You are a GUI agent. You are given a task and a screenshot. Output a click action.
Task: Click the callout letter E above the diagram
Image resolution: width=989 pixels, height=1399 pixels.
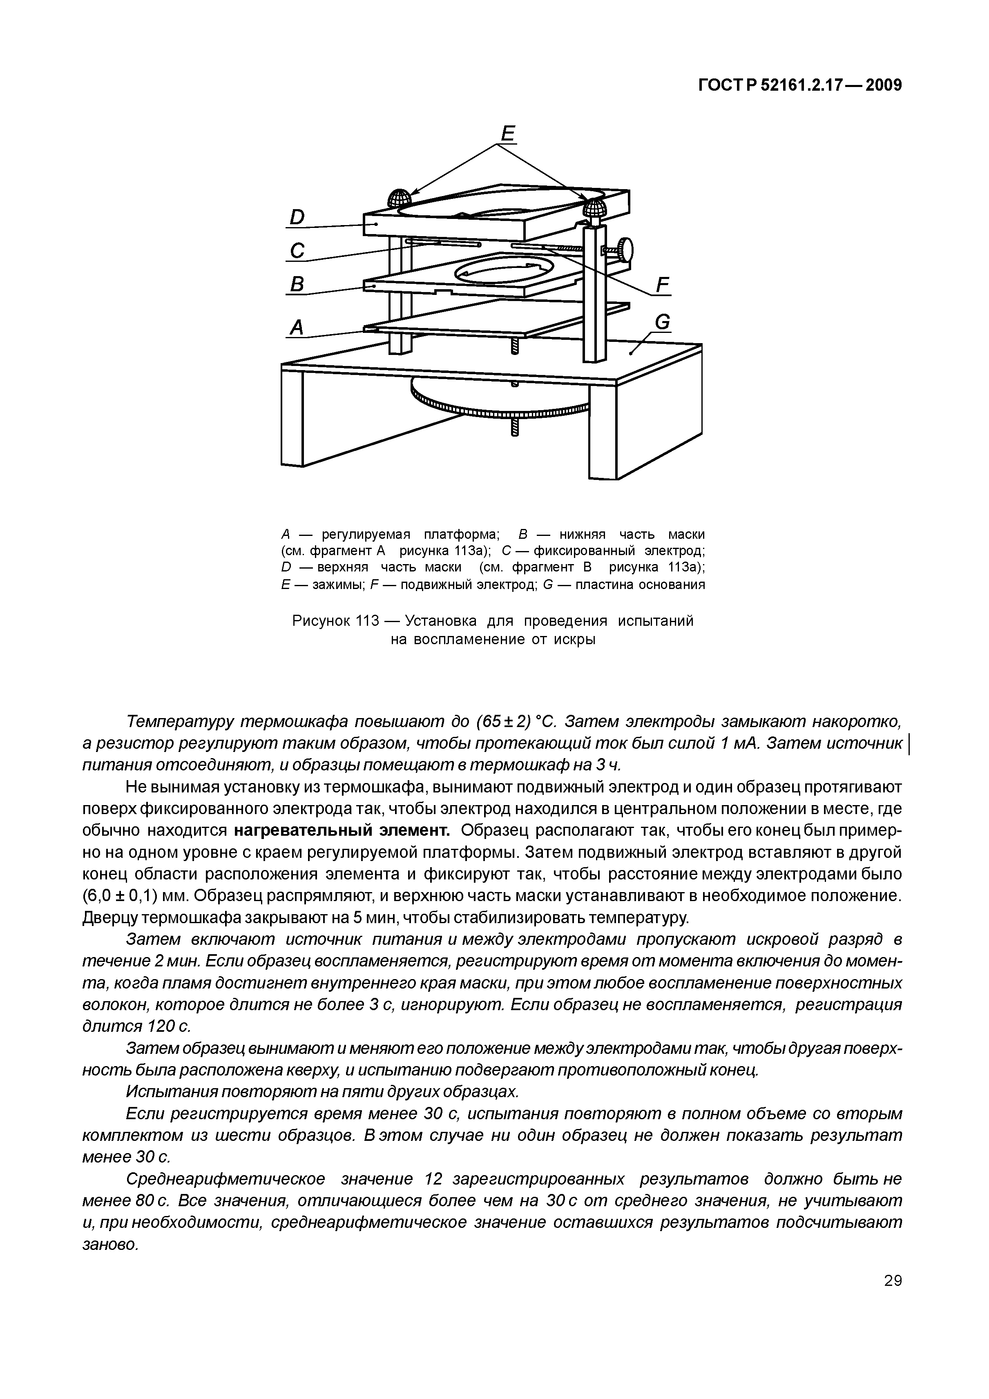pos(507,134)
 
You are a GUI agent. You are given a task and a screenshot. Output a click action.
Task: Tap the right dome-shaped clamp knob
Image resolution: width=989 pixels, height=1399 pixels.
pos(594,209)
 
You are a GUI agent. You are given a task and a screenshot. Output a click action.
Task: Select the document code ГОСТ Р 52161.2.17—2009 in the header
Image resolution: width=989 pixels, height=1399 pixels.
pos(799,85)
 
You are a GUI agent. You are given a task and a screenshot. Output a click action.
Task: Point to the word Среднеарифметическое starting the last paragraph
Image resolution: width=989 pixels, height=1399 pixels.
pos(225,1179)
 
